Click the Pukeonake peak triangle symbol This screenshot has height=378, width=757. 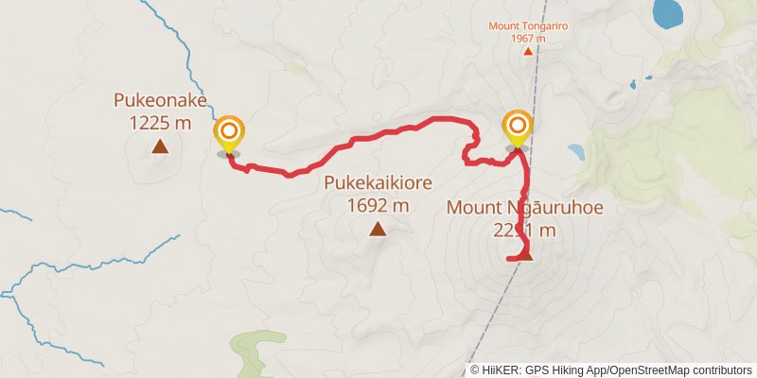coord(160,146)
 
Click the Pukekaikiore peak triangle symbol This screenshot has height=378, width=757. coord(378,228)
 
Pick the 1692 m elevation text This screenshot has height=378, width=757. coord(378,204)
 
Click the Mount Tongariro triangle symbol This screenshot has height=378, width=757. coord(528,51)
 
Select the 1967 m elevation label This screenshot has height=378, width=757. coord(528,38)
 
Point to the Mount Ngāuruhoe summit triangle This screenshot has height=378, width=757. coord(527,255)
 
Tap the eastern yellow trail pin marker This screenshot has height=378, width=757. coord(517,129)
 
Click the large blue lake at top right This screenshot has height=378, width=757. coord(668,12)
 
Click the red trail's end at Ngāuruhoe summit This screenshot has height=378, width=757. coord(510,257)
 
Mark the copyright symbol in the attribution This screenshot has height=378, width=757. coord(474,369)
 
